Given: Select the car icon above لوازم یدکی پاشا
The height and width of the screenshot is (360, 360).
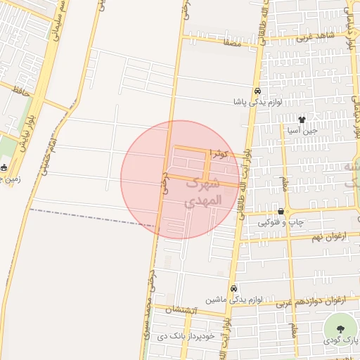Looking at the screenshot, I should [x=258, y=91].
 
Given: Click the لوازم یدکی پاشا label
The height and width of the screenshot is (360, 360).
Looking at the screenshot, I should [x=259, y=102].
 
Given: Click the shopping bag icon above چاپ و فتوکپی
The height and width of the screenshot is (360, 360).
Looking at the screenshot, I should [x=281, y=211].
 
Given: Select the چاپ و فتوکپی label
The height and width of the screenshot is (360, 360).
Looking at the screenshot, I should [x=281, y=222].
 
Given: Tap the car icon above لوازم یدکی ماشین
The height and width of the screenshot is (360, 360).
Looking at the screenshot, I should [x=234, y=288].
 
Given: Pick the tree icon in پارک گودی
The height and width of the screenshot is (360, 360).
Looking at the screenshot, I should [x=341, y=328].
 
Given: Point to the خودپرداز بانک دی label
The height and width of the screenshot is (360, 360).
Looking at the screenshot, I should [x=184, y=337].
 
